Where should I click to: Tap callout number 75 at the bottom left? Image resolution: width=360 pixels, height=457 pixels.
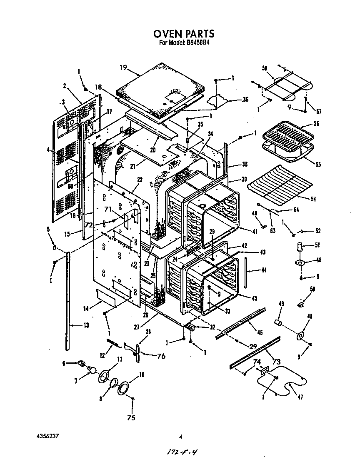[132, 417]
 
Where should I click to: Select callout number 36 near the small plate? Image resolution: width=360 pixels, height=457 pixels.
[245, 100]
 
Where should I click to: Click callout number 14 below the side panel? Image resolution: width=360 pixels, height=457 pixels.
[86, 309]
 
